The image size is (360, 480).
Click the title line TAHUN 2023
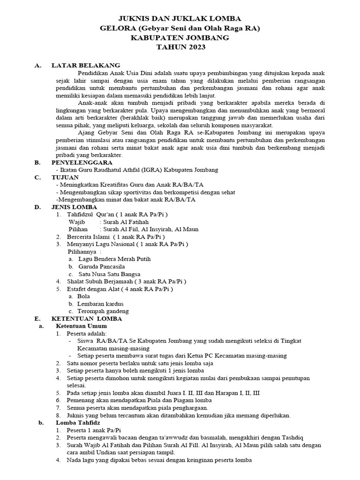pyautogui.click(x=180, y=47)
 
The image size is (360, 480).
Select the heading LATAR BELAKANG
pyautogui.click(x=86, y=66)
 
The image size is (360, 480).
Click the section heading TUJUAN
pyautogui.click(x=65, y=177)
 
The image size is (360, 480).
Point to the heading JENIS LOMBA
pyautogui.click(x=74, y=207)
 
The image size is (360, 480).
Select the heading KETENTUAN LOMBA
pyautogui.click(x=87, y=318)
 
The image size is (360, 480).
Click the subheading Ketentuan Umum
pyautogui.click(x=81, y=326)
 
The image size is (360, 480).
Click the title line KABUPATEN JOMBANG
pyautogui.click(x=180, y=37)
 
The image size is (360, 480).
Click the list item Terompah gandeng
pyautogui.click(x=103, y=311)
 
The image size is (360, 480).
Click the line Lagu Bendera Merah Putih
pyautogui.click(x=114, y=259)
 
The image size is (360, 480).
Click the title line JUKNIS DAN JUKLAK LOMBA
pyautogui.click(x=180, y=19)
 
